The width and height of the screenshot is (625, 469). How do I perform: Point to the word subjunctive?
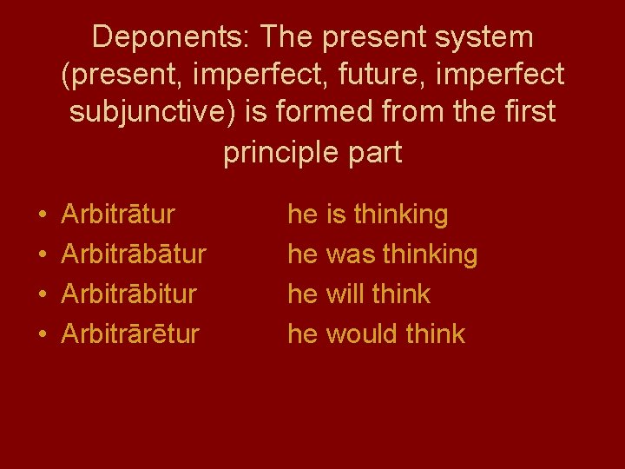140,114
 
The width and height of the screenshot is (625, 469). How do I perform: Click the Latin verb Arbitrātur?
118,214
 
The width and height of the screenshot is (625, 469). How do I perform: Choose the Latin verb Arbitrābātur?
134,254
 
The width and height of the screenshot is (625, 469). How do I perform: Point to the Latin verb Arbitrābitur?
128,294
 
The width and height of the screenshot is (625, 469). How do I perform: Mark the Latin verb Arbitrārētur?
130,334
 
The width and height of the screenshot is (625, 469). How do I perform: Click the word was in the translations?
350,254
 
